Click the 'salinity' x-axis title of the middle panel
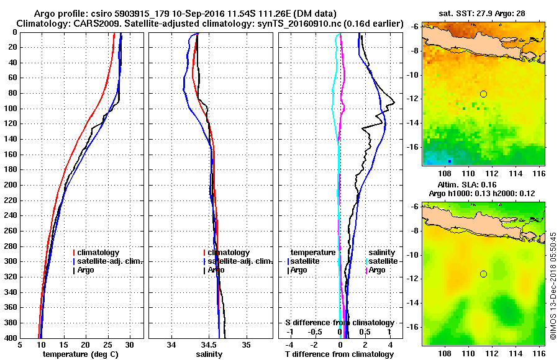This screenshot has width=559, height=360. [209, 354]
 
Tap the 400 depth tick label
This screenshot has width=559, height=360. [11, 338]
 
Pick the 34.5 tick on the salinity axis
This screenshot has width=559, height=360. [209, 344]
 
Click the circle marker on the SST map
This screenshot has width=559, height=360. [483, 94]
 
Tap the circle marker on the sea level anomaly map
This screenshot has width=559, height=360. [483, 274]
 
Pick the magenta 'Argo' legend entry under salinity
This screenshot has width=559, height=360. [378, 270]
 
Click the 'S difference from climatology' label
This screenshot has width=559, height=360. [339, 323]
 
